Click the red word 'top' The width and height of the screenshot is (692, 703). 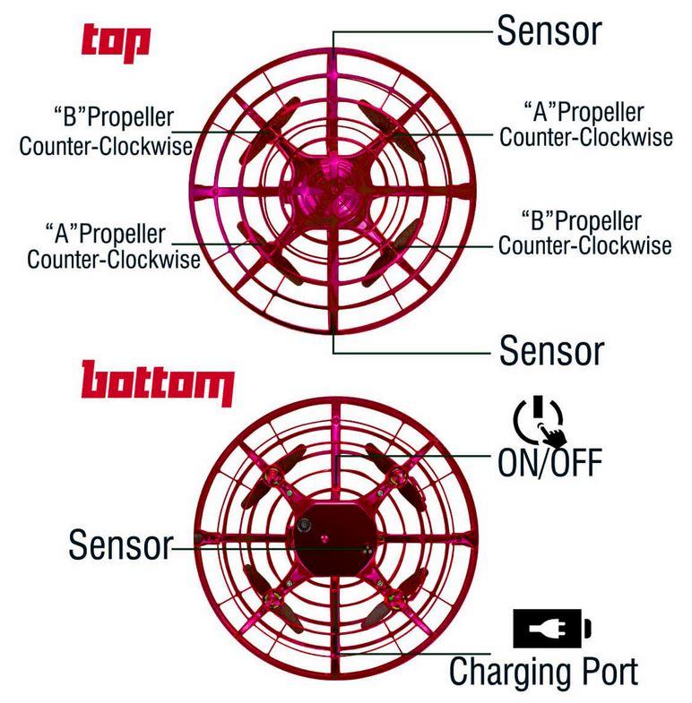click(x=116, y=43)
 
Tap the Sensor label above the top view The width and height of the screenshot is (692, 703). click(x=549, y=30)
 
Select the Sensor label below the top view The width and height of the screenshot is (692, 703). click(x=551, y=350)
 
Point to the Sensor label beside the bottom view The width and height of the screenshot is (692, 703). click(x=121, y=544)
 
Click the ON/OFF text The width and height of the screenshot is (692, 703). click(x=550, y=462)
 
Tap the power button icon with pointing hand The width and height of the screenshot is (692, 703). click(x=540, y=420)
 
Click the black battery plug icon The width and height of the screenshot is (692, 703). click(x=552, y=628)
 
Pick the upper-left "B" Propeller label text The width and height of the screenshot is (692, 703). click(x=106, y=131)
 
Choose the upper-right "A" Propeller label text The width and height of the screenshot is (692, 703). click(x=585, y=124)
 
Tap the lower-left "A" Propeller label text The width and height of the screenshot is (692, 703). click(x=114, y=246)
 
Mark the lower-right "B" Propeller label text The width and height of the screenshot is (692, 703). click(x=584, y=233)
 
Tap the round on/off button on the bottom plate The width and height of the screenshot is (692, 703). click(x=306, y=525)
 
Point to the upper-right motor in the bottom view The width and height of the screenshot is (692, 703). click(x=398, y=476)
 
